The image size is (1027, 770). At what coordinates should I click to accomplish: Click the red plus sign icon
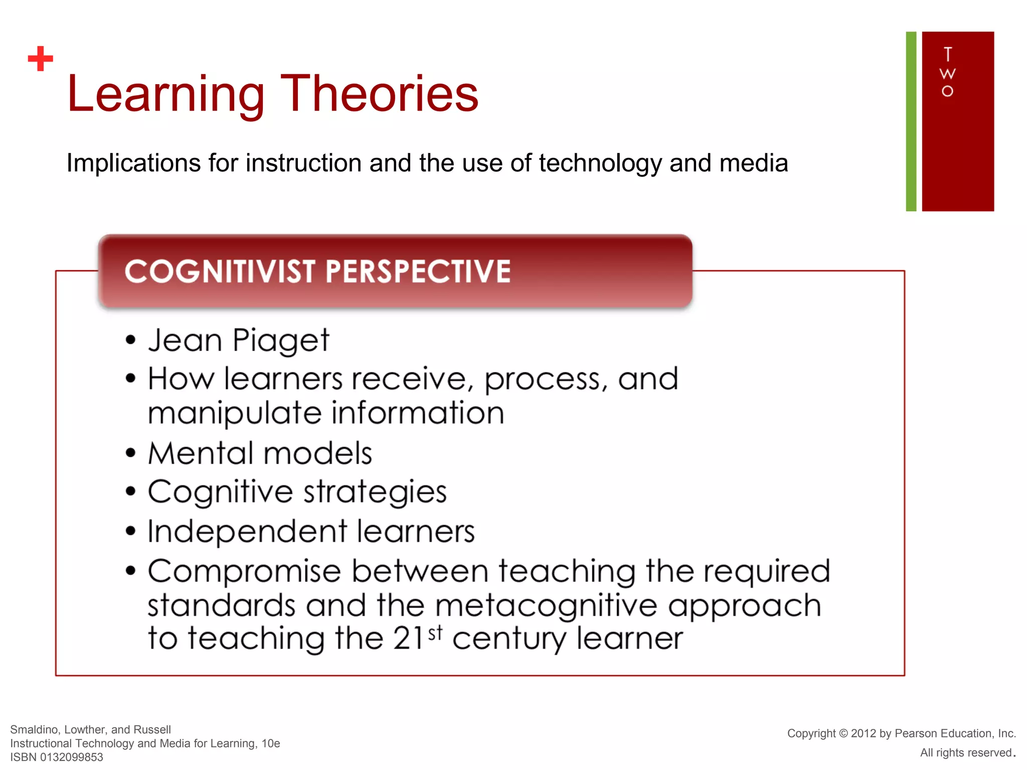click(x=41, y=59)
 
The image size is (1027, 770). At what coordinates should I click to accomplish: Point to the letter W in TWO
click(x=947, y=74)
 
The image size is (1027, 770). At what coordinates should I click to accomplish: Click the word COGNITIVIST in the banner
click(x=220, y=272)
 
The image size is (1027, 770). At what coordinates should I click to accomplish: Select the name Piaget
click(x=281, y=341)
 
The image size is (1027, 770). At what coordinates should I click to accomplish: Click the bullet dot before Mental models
click(x=131, y=453)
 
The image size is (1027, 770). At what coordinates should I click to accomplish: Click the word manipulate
click(x=234, y=414)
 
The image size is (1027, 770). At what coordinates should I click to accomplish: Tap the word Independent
click(x=247, y=531)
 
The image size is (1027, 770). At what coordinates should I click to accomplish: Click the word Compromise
click(x=244, y=572)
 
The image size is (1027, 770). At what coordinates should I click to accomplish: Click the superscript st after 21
click(x=435, y=633)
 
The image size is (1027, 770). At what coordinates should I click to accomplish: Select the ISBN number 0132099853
click(x=71, y=757)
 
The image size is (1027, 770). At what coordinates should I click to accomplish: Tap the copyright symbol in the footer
click(x=843, y=733)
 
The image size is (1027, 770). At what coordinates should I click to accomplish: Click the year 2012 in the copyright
click(x=863, y=733)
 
